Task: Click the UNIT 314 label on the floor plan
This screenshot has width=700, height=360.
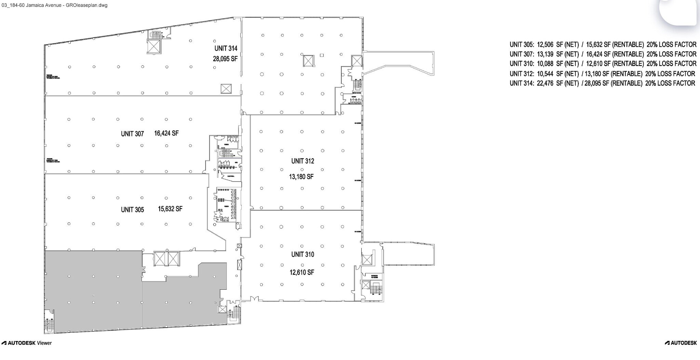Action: click(226, 49)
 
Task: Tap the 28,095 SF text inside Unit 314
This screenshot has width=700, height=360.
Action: click(225, 59)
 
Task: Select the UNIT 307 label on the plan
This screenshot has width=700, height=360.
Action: click(132, 134)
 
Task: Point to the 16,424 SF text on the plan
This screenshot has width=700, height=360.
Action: click(166, 133)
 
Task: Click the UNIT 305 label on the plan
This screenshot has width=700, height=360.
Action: click(132, 210)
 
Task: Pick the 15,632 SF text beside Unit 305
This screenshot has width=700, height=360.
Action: click(170, 209)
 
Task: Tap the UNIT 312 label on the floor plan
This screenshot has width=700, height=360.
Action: click(302, 161)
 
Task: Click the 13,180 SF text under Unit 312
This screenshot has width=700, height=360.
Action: click(301, 177)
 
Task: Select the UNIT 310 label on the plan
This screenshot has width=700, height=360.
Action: click(302, 254)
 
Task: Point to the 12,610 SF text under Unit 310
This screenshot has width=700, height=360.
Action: click(301, 272)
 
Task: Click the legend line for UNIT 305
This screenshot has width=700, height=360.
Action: click(603, 45)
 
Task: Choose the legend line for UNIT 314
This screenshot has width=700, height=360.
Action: click(602, 83)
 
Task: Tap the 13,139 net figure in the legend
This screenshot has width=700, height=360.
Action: click(545, 54)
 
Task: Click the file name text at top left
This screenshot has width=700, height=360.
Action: click(55, 5)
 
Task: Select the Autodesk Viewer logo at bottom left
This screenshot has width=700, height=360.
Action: click(27, 343)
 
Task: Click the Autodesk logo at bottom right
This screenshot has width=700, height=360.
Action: click(681, 343)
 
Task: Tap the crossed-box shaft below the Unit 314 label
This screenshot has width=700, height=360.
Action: click(226, 89)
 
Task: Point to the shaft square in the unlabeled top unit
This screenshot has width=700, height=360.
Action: click(308, 61)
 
